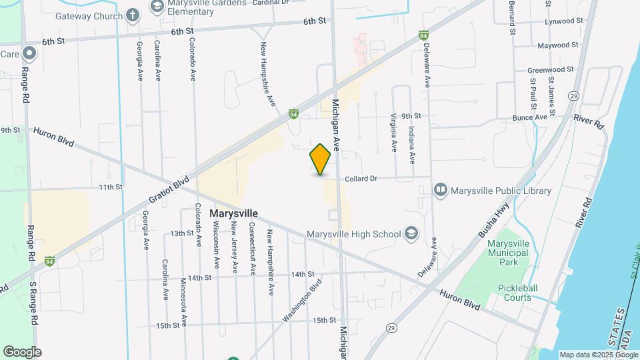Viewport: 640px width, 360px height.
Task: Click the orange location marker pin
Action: [320, 159]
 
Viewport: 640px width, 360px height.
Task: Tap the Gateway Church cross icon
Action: [133, 15]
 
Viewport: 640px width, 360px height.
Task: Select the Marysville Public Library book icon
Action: [440, 191]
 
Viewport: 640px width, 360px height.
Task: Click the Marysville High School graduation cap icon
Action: [411, 233]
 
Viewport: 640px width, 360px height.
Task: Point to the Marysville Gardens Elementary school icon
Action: [157, 7]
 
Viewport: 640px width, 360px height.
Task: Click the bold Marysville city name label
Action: [233, 213]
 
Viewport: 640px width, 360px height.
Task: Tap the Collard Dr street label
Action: [361, 179]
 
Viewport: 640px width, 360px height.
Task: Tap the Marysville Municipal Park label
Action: [508, 253]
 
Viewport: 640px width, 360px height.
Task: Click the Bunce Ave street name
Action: [529, 117]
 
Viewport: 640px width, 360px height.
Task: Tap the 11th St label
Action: [111, 187]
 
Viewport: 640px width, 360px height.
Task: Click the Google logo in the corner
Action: [22, 352]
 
